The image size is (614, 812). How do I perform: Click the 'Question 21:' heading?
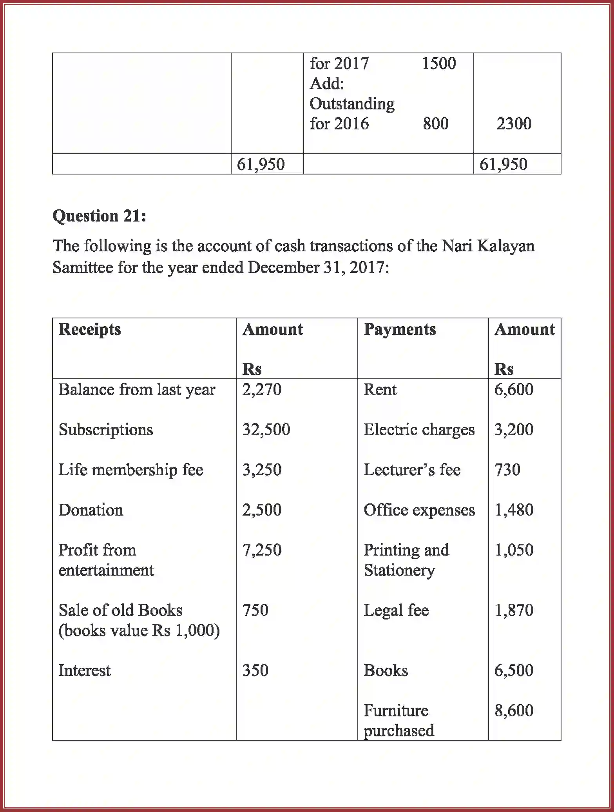pos(99,216)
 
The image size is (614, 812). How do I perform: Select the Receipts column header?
pos(90,329)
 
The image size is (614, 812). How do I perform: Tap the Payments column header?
pos(400,329)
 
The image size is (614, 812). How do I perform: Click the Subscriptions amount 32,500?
pos(266,430)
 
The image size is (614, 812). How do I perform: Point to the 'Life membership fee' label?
pos(131,470)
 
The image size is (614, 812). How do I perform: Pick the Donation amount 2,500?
pos(262,510)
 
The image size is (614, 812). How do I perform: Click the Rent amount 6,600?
pos(514,390)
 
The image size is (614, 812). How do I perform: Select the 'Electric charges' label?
pos(419,430)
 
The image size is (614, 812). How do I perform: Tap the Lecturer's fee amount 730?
pos(507,470)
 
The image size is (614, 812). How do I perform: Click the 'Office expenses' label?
pos(419,510)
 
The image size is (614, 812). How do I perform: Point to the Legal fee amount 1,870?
pos(514,610)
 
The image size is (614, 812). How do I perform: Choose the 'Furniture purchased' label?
pos(398,721)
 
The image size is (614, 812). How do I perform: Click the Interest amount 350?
pos(255,670)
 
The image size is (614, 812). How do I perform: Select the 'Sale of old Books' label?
pos(121,610)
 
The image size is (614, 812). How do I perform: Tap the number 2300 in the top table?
pos(514,124)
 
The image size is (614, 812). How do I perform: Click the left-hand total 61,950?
pos(261,164)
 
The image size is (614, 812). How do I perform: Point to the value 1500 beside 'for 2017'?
pos(438,64)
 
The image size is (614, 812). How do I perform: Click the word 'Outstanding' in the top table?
pos(352,104)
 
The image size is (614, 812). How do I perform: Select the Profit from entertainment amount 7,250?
pos(262,550)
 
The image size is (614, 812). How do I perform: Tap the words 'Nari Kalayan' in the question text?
pos(488,246)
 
